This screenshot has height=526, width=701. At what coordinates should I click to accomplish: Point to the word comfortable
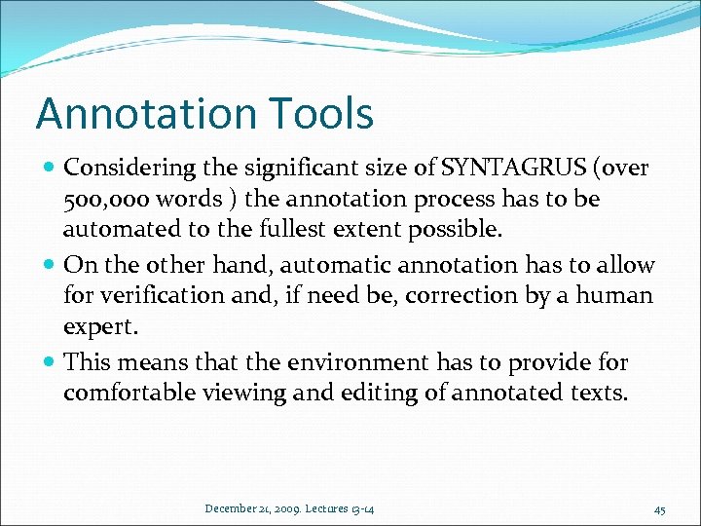coord(121,394)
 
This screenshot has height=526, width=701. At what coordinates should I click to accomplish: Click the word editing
coord(338,394)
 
